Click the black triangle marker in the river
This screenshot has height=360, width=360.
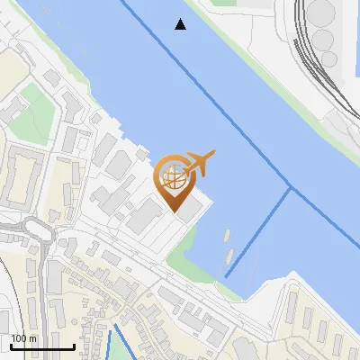pos(181,24)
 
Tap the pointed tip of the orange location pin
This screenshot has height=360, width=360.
pos(175,210)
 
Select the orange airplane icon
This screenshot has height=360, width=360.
pos(198,163)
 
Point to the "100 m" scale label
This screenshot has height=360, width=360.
pos(23,338)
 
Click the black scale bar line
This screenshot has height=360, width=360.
pos(41,346)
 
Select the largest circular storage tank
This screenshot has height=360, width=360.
pos(321,13)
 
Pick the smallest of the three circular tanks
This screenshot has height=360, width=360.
pos(329,59)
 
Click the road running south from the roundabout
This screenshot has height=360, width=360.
pos(41,288)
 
